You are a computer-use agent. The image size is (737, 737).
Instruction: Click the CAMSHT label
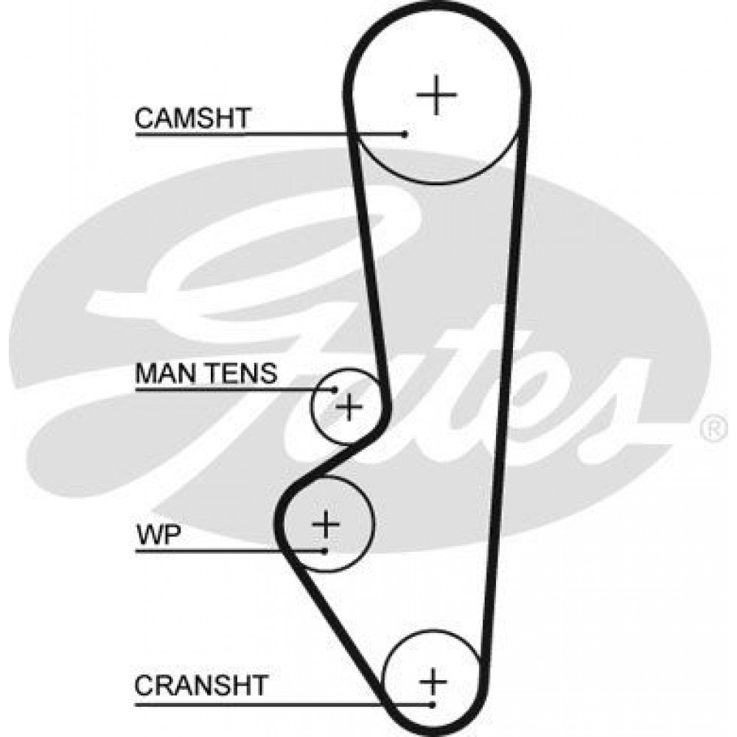tap(192, 118)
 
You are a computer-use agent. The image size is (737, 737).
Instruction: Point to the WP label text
tap(158, 535)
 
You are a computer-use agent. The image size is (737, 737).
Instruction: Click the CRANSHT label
tap(201, 685)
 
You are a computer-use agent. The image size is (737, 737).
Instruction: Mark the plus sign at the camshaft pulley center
tap(436, 94)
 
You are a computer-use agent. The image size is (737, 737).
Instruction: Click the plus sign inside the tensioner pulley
tap(349, 406)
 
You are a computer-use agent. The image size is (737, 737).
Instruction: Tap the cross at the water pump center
tap(326, 523)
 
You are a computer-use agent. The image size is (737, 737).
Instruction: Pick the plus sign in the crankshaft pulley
tap(433, 681)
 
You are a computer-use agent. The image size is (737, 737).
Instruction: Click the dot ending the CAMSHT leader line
tap(405, 134)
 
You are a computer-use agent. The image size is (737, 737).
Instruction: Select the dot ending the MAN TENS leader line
tap(335, 390)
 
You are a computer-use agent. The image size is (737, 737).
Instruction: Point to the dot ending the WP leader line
tap(324, 551)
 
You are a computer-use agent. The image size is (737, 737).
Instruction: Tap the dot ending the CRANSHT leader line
tap(433, 704)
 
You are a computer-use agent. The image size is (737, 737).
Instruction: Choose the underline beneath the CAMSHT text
tap(270, 134)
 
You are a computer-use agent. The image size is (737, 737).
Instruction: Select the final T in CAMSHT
tap(242, 118)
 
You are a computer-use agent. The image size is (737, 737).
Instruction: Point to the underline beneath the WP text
tap(230, 551)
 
